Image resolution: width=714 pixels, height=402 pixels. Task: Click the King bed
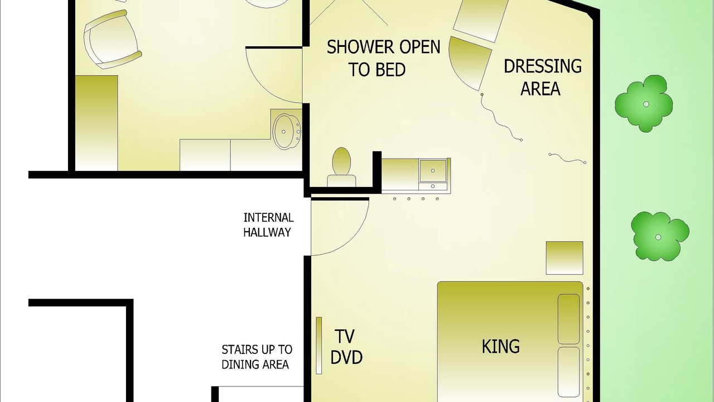point(510,342)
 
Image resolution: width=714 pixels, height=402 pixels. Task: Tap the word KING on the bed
point(501,347)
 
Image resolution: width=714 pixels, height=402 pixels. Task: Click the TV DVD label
point(346,347)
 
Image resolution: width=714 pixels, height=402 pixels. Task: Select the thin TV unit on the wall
point(319,345)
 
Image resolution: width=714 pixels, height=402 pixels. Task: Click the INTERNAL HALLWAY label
point(268,225)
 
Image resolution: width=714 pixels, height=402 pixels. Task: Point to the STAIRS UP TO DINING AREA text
point(257,357)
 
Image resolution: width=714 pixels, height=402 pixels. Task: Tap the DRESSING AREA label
point(543,77)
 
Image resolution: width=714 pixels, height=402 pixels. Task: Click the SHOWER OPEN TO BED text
point(383,58)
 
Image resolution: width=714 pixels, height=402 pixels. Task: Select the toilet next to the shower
point(341,167)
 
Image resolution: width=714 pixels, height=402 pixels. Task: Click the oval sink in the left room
point(286,132)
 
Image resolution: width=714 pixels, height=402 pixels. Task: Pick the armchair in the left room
point(112,40)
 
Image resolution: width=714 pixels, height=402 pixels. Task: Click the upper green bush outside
point(644,104)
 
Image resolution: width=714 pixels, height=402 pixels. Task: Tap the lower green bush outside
point(660,236)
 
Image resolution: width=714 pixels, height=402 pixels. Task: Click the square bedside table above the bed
point(565,258)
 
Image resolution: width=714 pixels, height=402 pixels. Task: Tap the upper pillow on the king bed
point(568,319)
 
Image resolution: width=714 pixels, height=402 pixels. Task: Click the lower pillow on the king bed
point(568,372)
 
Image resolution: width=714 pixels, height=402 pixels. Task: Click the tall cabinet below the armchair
point(97,123)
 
